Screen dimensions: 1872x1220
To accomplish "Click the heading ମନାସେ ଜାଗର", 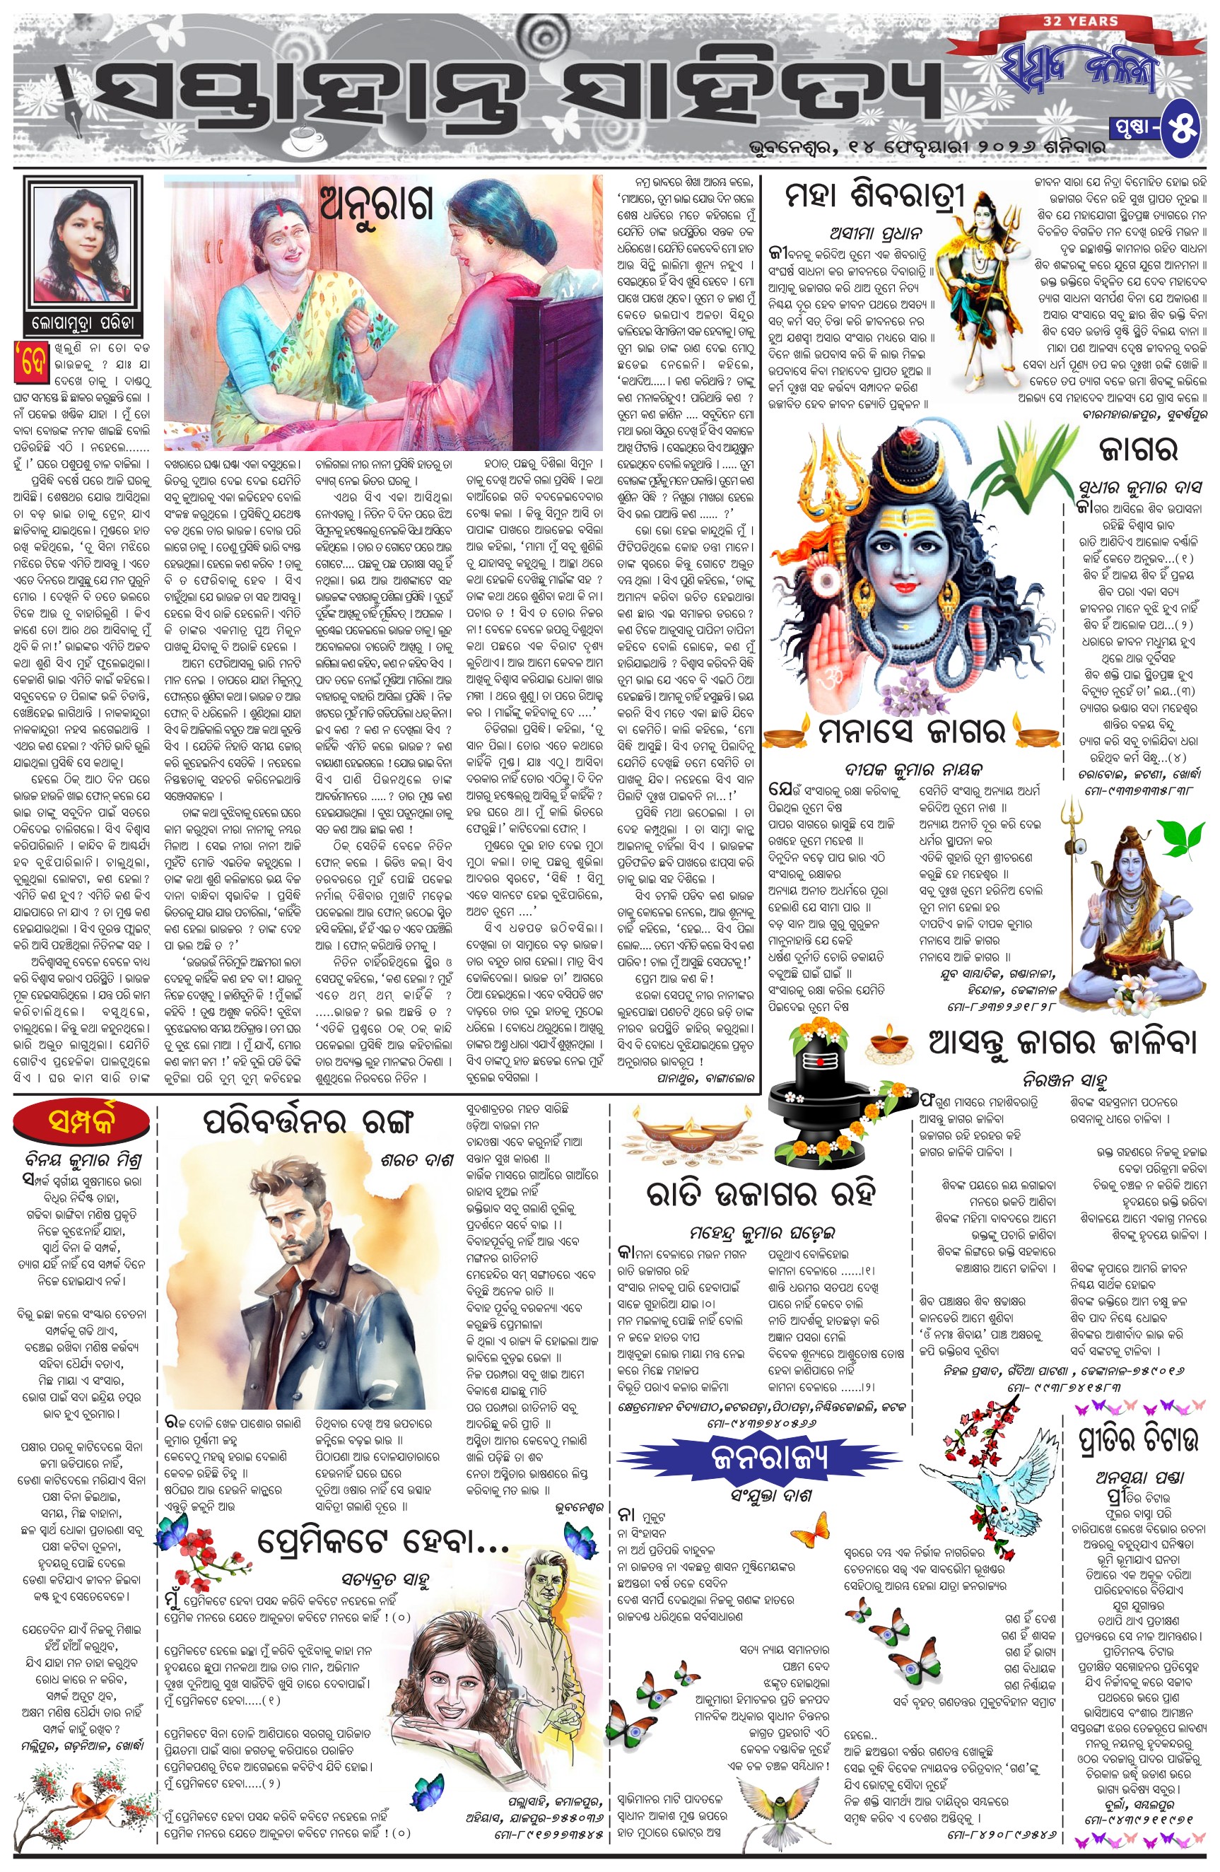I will [x=910, y=733].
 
